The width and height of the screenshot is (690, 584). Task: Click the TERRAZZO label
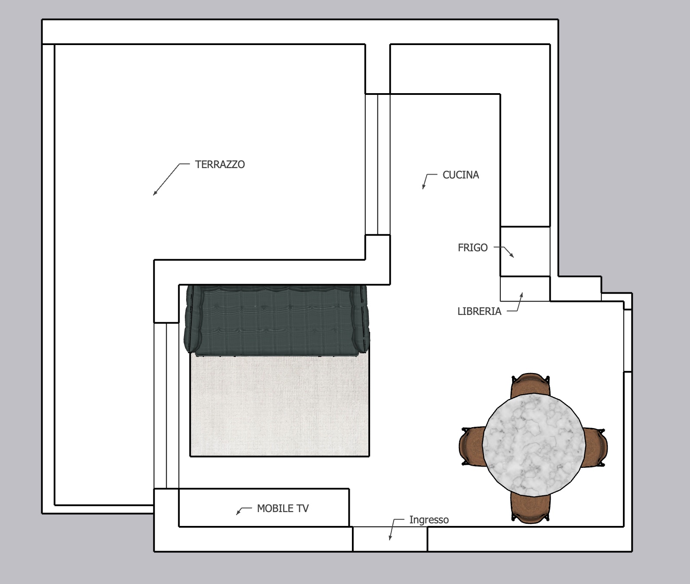pos(220,165)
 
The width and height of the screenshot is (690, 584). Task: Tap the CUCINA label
pos(461,175)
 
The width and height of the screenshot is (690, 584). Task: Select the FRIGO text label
pos(473,248)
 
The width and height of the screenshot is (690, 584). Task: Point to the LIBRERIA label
pos(479,311)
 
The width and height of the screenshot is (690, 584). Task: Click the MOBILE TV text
pos(283,509)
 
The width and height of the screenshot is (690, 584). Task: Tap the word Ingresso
pos(429,520)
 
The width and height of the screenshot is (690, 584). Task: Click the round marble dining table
pos(534,445)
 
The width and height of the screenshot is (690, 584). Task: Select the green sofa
pos(277,319)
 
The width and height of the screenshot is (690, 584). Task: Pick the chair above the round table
pos(531,384)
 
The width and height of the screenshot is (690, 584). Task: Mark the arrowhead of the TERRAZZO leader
pos(154,194)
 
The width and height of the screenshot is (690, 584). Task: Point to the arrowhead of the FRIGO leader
pos(513,256)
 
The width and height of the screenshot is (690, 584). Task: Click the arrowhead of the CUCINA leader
pos(423,187)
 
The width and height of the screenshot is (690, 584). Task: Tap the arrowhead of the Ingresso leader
pos(390,538)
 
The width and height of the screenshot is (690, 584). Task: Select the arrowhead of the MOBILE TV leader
pos(237,514)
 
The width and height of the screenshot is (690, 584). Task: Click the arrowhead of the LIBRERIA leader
pos(522,294)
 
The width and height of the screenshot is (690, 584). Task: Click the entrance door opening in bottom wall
pos(390,539)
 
